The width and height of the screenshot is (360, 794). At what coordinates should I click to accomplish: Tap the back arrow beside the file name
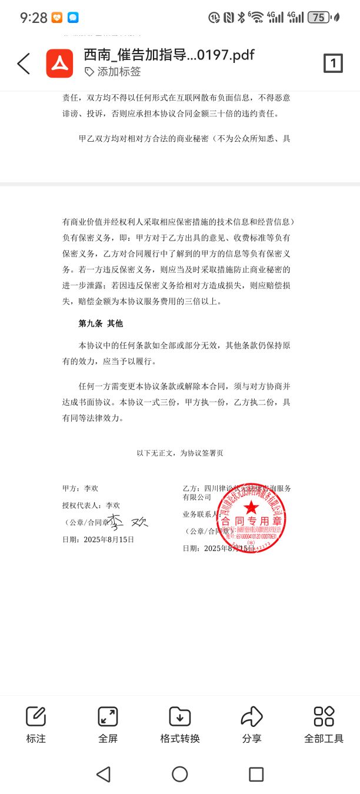point(24,64)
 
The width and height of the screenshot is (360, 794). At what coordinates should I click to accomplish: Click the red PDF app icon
point(59,64)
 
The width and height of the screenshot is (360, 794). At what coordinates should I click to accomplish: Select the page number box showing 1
point(333,64)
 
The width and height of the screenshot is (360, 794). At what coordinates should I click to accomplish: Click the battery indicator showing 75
point(318,18)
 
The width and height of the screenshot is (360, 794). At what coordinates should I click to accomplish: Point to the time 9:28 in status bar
point(33,18)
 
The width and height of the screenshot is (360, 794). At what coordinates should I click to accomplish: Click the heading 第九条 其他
point(101,323)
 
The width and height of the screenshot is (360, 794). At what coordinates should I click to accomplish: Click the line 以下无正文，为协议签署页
point(180,453)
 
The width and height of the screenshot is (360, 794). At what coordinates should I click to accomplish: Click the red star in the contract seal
point(251,506)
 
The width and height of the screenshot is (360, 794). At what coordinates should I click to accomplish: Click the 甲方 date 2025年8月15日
point(109,539)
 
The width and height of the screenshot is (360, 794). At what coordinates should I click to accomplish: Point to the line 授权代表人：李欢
point(91,505)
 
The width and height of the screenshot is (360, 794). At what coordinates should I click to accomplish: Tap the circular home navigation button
point(180,774)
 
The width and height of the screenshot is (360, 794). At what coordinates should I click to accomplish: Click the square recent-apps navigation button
point(256,774)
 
